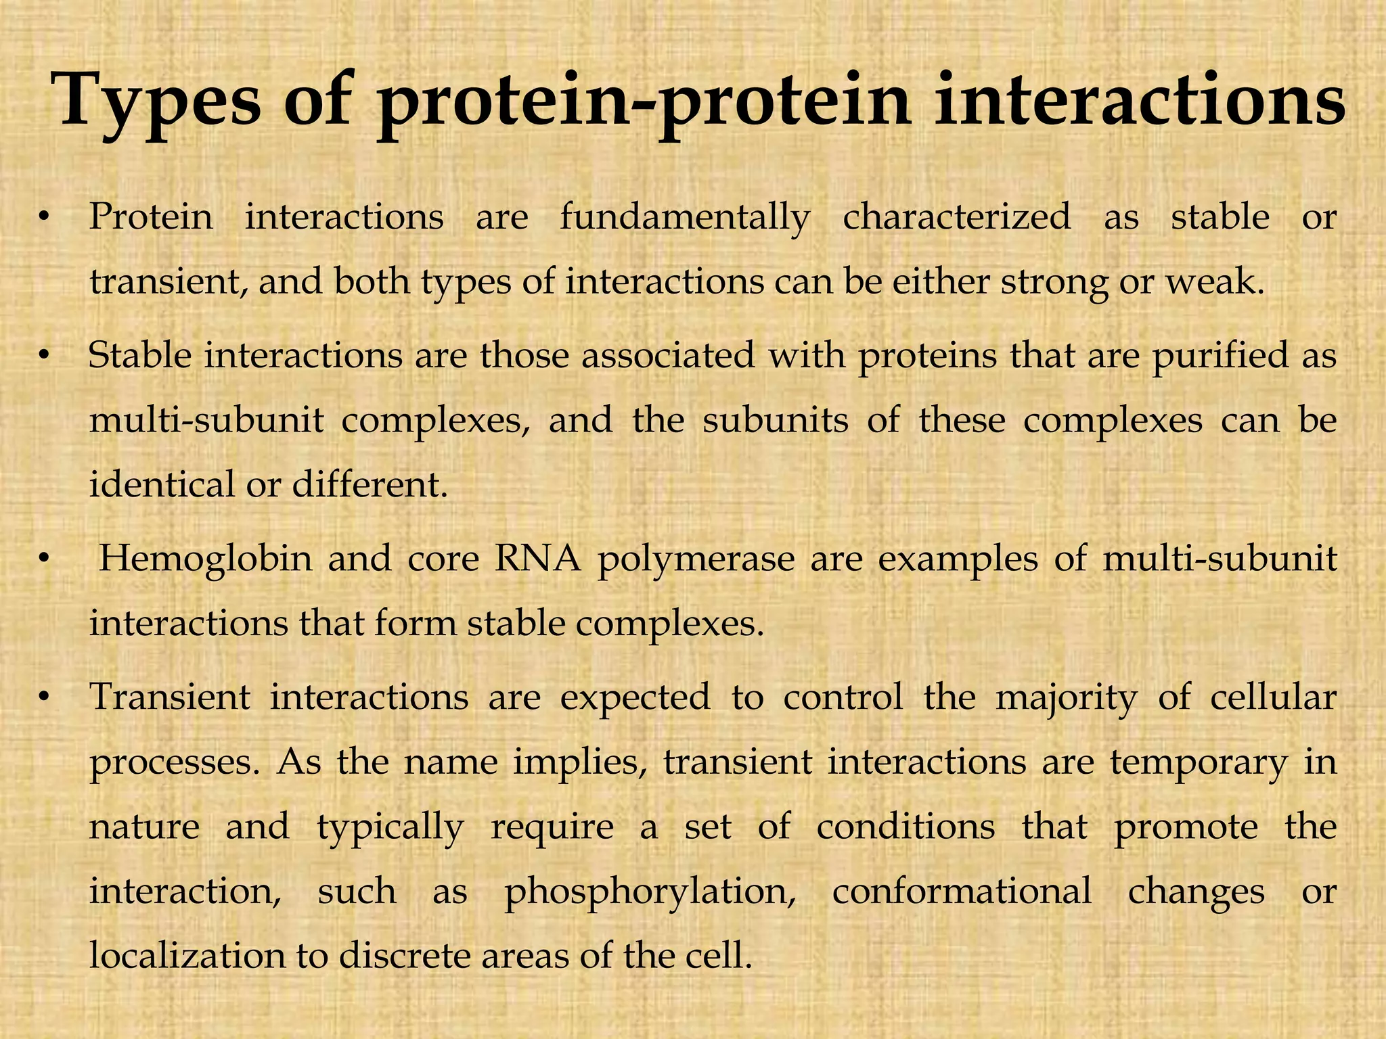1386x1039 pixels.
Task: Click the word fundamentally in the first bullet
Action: tap(685, 218)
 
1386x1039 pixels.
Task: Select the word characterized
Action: tap(956, 218)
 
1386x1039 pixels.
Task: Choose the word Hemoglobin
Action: tap(206, 559)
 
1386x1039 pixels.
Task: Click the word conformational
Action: tap(962, 890)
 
